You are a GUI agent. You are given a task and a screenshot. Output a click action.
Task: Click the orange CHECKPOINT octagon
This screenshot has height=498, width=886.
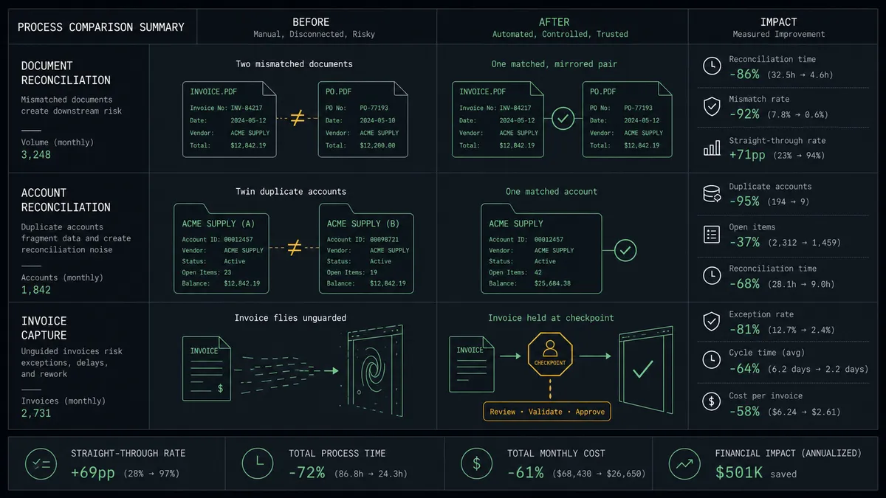[x=550, y=354]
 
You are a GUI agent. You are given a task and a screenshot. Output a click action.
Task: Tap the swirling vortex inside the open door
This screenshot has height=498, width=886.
[x=371, y=369]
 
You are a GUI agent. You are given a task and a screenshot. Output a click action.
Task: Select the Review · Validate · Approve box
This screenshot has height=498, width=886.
[x=546, y=412]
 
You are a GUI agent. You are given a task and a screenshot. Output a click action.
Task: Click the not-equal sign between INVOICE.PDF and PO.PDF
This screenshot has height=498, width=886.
[x=298, y=118]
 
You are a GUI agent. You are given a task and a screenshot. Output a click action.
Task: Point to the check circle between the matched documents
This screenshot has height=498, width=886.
[x=563, y=118]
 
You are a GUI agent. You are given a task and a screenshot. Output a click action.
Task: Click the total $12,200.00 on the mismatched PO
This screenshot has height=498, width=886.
[x=377, y=145]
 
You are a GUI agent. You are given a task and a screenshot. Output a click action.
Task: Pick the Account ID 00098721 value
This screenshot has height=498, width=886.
[x=384, y=240]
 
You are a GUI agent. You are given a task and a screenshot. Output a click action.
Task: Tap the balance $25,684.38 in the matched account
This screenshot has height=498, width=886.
[x=552, y=283]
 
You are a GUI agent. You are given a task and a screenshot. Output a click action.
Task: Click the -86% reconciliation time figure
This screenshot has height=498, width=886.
[x=744, y=75]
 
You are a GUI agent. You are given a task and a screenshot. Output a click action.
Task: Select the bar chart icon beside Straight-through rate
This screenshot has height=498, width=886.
[x=712, y=148]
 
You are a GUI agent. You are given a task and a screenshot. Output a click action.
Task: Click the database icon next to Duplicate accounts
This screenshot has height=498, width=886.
[x=712, y=193]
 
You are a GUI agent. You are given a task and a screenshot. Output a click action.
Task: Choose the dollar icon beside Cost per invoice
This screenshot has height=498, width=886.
[x=711, y=401]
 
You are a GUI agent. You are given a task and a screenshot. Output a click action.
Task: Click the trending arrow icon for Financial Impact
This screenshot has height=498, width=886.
[x=684, y=464]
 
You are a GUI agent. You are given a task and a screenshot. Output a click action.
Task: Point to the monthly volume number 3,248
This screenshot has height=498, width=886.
[x=36, y=154]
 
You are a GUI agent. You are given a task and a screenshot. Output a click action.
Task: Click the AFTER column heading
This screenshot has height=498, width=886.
[x=554, y=22]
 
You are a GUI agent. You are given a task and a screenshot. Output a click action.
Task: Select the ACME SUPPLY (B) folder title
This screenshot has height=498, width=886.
[x=363, y=224]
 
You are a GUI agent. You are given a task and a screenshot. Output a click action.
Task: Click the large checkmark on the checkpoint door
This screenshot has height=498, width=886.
[x=643, y=369]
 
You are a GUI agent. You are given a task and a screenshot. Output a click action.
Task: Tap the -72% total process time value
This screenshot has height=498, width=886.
[x=306, y=472]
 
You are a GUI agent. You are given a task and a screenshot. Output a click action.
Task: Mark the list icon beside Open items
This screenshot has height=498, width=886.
[x=712, y=235]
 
